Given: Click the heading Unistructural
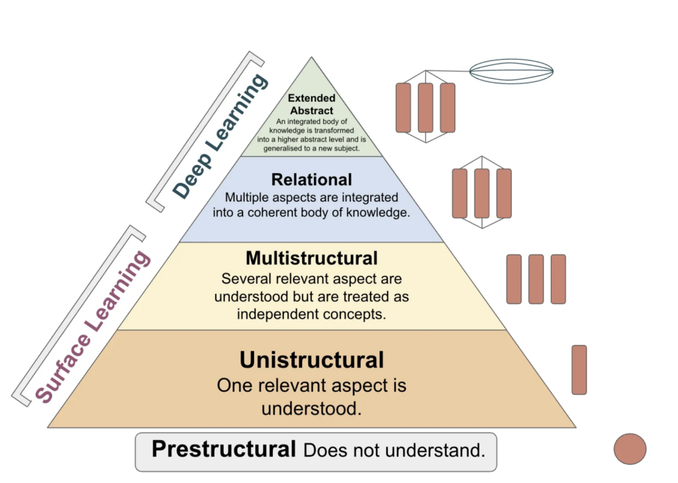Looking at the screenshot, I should (x=311, y=360).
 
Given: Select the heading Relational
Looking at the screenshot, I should (x=311, y=180).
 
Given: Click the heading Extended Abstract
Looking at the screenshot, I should (x=311, y=105).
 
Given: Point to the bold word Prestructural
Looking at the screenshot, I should (x=224, y=449).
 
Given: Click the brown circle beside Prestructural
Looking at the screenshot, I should (x=630, y=449).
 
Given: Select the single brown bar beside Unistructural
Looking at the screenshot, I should (x=579, y=370).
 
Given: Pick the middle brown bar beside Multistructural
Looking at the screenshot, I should (x=536, y=279).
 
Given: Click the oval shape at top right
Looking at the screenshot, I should (x=511, y=71).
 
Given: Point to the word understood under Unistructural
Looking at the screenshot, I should (x=311, y=408).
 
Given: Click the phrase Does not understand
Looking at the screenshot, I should (x=395, y=451).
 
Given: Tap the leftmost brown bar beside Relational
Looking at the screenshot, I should (x=460, y=193).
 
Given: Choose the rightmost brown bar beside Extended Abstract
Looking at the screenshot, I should (x=448, y=107).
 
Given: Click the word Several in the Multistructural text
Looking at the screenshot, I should (x=245, y=279).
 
